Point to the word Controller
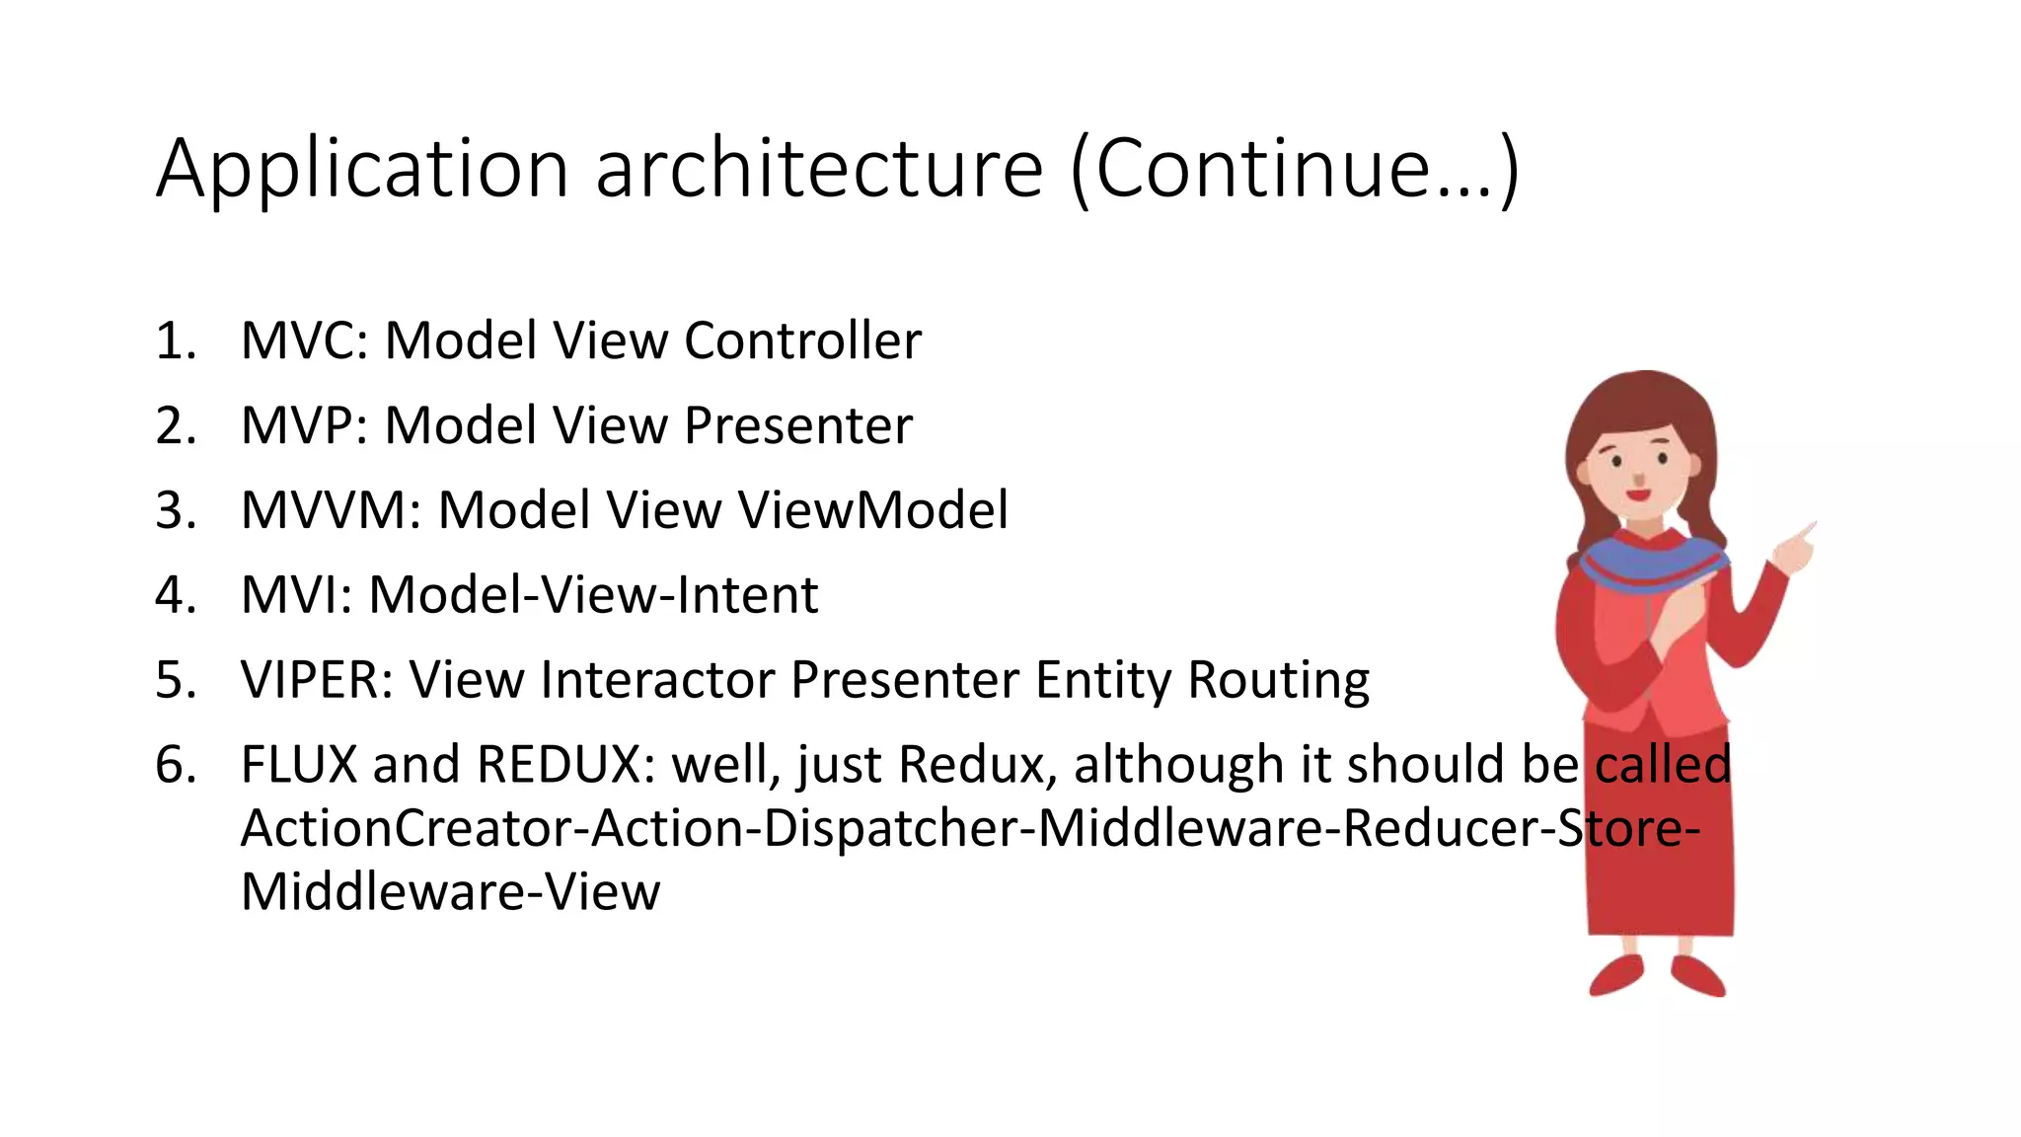point(802,341)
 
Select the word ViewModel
point(872,511)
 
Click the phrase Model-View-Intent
point(593,596)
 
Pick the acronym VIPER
point(317,681)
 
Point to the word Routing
point(1278,681)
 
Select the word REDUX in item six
point(559,766)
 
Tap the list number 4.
point(175,596)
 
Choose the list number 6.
point(175,766)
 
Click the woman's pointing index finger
point(1805,532)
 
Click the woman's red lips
point(1638,494)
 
